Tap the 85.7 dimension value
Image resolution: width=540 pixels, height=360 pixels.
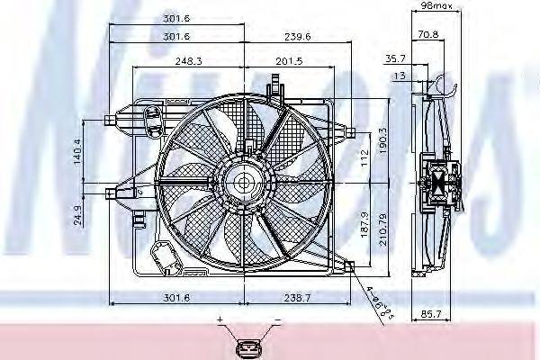pos(433,314)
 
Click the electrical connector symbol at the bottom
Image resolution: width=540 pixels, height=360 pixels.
pos(247,346)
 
